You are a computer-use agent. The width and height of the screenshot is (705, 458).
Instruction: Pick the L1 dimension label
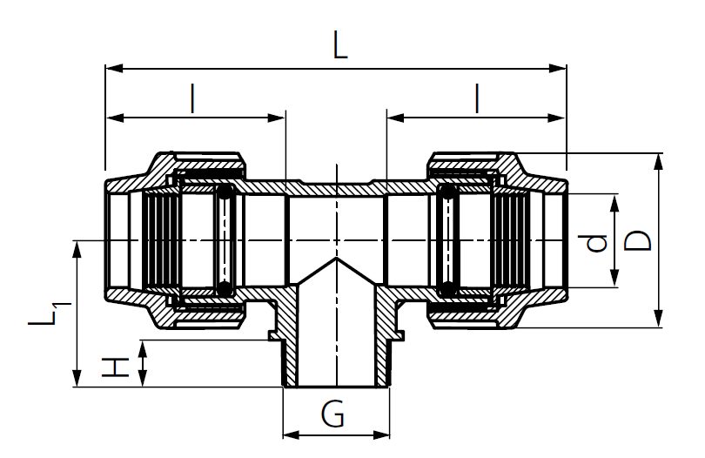(44, 314)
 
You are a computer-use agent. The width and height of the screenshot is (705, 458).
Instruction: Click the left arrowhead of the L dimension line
(111, 67)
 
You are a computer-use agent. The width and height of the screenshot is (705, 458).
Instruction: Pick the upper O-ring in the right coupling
(448, 192)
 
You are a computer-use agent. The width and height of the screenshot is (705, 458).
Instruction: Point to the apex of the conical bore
(336, 259)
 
